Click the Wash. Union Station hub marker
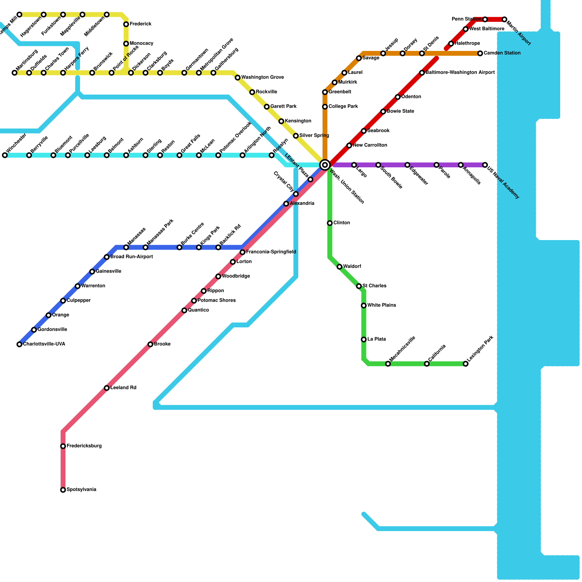point(325,165)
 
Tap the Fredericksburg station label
point(84,446)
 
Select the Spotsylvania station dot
point(63,490)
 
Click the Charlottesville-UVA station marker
point(19,344)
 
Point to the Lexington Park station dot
point(466,364)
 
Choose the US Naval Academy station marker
point(485,165)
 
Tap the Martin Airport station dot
point(504,19)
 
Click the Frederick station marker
point(126,24)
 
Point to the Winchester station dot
point(5,155)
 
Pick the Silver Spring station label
point(314,136)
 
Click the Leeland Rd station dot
point(107,388)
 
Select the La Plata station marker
point(364,339)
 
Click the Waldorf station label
point(352,267)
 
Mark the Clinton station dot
point(330,223)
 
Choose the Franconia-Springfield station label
point(271,252)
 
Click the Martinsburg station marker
point(15,73)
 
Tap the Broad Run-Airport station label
point(132,257)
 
